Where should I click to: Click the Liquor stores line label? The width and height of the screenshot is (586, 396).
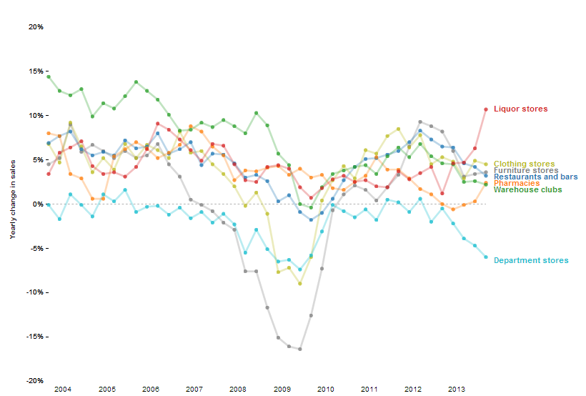(x=520, y=109)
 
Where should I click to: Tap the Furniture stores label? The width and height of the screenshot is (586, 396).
(x=526, y=170)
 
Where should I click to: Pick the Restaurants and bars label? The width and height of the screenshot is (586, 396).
(x=536, y=177)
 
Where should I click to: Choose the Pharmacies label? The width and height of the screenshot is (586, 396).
(x=517, y=183)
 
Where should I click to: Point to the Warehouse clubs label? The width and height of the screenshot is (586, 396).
(x=528, y=189)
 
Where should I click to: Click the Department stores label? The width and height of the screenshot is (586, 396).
(x=531, y=260)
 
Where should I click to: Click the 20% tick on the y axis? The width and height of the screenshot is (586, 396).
(x=36, y=27)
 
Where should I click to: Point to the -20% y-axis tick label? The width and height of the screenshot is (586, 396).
(x=35, y=381)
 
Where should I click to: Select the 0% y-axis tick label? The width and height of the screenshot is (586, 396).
(x=38, y=204)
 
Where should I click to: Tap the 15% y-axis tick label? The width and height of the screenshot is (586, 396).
(x=36, y=71)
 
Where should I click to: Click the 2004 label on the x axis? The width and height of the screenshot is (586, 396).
(x=63, y=390)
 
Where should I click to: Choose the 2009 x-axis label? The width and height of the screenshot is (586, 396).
(x=282, y=390)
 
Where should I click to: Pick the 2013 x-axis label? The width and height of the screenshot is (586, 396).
(x=457, y=390)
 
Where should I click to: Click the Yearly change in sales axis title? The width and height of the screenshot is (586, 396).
(x=12, y=204)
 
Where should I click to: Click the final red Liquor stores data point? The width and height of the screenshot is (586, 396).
(x=486, y=109)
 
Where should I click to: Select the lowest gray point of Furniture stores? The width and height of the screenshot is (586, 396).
(x=300, y=349)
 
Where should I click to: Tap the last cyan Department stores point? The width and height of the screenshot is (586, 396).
(x=486, y=257)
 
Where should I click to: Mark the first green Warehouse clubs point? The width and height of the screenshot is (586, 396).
(x=49, y=76)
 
